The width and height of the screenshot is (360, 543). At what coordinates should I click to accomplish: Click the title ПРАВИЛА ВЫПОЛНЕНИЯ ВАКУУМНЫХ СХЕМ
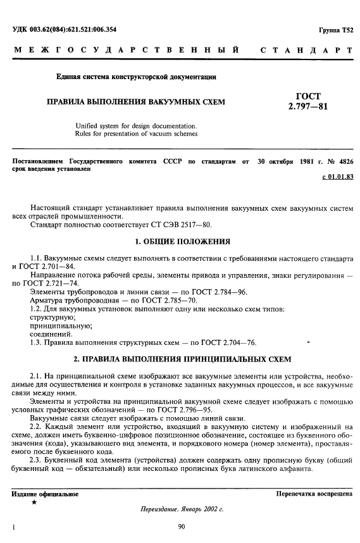coord(133,101)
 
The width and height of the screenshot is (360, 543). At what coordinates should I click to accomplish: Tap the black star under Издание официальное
coord(34,502)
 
